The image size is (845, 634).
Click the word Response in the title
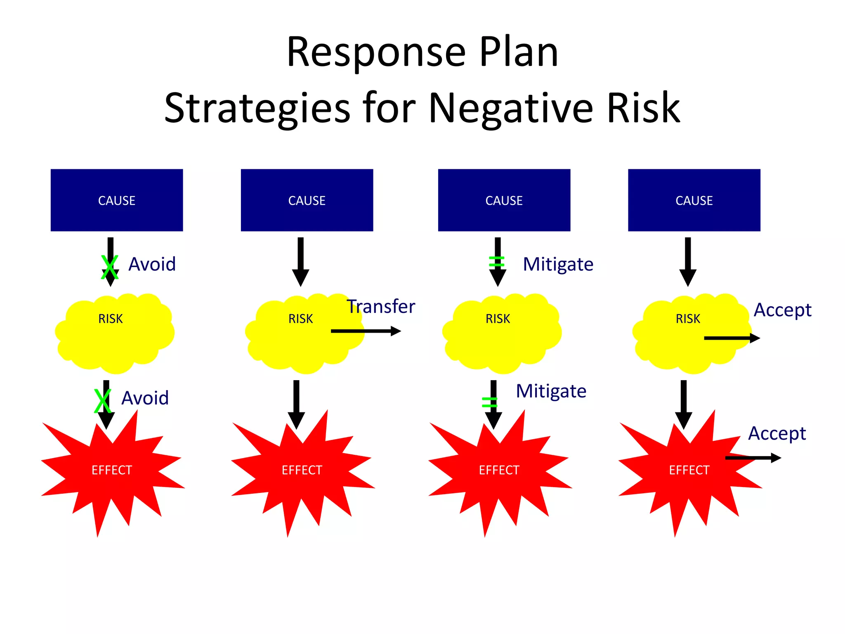pyautogui.click(x=376, y=52)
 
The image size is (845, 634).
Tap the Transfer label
pyautogui.click(x=380, y=307)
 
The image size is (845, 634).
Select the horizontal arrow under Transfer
pyautogui.click(x=366, y=331)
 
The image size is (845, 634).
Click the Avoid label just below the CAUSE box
pyautogui.click(x=152, y=264)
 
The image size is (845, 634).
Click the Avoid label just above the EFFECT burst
pyautogui.click(x=145, y=398)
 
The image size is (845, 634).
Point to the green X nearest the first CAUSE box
pyautogui.click(x=110, y=267)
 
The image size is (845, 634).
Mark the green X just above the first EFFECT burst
pyautogui.click(x=102, y=401)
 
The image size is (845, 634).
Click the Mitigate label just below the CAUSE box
pyautogui.click(x=558, y=264)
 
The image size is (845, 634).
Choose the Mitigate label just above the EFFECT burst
pyautogui.click(x=551, y=391)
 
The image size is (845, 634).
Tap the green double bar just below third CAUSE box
pyautogui.click(x=496, y=262)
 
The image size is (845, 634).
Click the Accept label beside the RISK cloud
pyautogui.click(x=782, y=310)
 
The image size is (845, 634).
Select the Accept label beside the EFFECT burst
pyautogui.click(x=777, y=433)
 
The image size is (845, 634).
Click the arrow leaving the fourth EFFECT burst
pyautogui.click(x=753, y=458)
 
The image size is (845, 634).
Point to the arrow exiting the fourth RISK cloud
pyautogui.click(x=732, y=338)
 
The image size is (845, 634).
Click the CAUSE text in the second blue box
pyautogui.click(x=307, y=201)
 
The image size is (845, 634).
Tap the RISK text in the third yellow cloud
pyautogui.click(x=498, y=319)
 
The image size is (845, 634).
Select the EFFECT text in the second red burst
pyautogui.click(x=302, y=470)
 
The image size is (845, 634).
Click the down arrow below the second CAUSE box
pyautogui.click(x=300, y=261)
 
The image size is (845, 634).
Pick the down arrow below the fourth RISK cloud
pyautogui.click(x=683, y=404)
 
